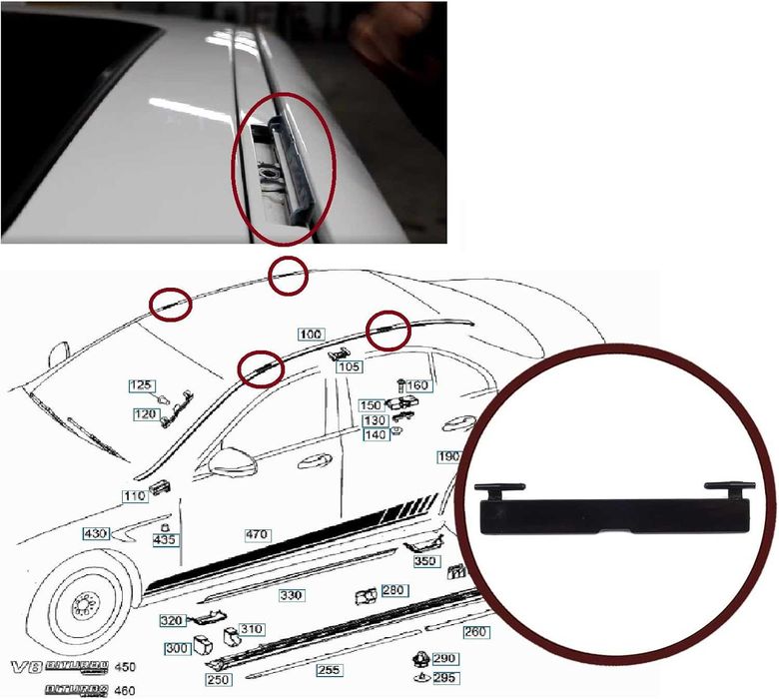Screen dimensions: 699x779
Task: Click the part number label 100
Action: tap(311, 333)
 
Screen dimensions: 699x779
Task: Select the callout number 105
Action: tap(349, 367)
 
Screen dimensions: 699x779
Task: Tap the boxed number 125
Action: tap(142, 384)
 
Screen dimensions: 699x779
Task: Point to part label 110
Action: tap(134, 496)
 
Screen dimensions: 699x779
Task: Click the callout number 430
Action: tap(95, 534)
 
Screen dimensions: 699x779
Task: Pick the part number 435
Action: tap(165, 539)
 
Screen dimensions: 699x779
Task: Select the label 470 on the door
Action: tap(257, 535)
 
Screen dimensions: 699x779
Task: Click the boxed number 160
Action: tap(416, 385)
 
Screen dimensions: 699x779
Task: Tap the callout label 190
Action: tap(448, 455)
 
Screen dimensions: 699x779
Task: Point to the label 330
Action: tap(291, 595)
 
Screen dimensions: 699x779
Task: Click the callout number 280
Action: tap(393, 591)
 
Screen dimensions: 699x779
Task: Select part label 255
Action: tap(328, 670)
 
